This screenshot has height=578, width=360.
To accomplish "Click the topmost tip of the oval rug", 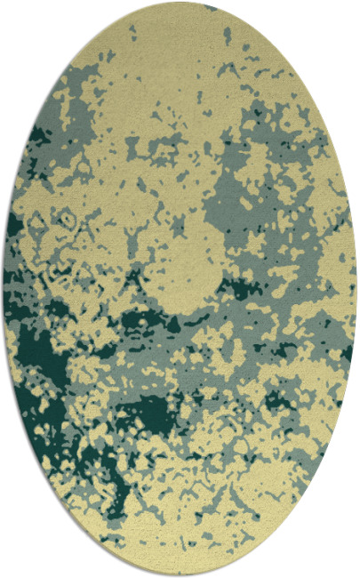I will (x=180, y=3).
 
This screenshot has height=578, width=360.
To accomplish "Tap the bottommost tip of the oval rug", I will (x=180, y=575).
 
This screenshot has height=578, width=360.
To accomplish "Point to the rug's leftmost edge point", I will (x=4, y=289).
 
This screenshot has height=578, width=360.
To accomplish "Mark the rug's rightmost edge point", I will (x=356, y=289).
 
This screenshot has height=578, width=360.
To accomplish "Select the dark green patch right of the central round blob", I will (x=238, y=287).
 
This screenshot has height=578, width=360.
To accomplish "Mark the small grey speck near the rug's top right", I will (x=228, y=36).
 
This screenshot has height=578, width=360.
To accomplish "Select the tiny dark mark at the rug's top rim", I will (x=210, y=7).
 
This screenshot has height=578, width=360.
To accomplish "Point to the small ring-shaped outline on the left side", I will (x=64, y=216).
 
